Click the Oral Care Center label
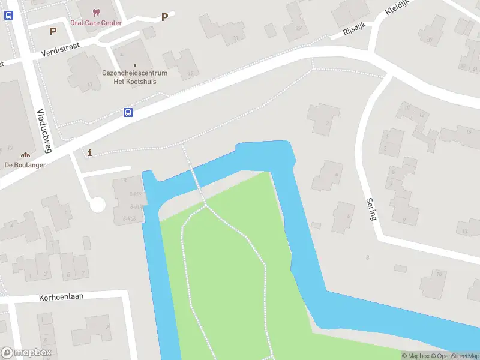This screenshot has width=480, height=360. coord(96,23)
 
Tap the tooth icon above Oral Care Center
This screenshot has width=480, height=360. coord(96,12)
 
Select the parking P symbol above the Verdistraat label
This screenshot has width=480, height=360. coord(53,31)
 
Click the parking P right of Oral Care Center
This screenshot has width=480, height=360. coord(164,17)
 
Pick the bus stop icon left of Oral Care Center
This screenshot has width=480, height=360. coord(8,16)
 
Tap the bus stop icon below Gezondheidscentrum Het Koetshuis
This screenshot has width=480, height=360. coord(128,112)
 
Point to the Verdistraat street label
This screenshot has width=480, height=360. coord(61,49)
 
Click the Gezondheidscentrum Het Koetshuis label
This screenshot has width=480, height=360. coord(134,77)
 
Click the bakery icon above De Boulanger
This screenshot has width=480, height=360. coord(25,155)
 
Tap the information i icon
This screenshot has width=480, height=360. coord(90,153)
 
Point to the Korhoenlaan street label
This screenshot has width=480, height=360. coord(61,297)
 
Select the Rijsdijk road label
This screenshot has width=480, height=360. coord(354,31)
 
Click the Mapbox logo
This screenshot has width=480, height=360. coord(26,353)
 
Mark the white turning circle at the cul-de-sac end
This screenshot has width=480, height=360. coord(97,205)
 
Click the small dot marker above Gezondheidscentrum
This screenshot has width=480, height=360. coord(134,65)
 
